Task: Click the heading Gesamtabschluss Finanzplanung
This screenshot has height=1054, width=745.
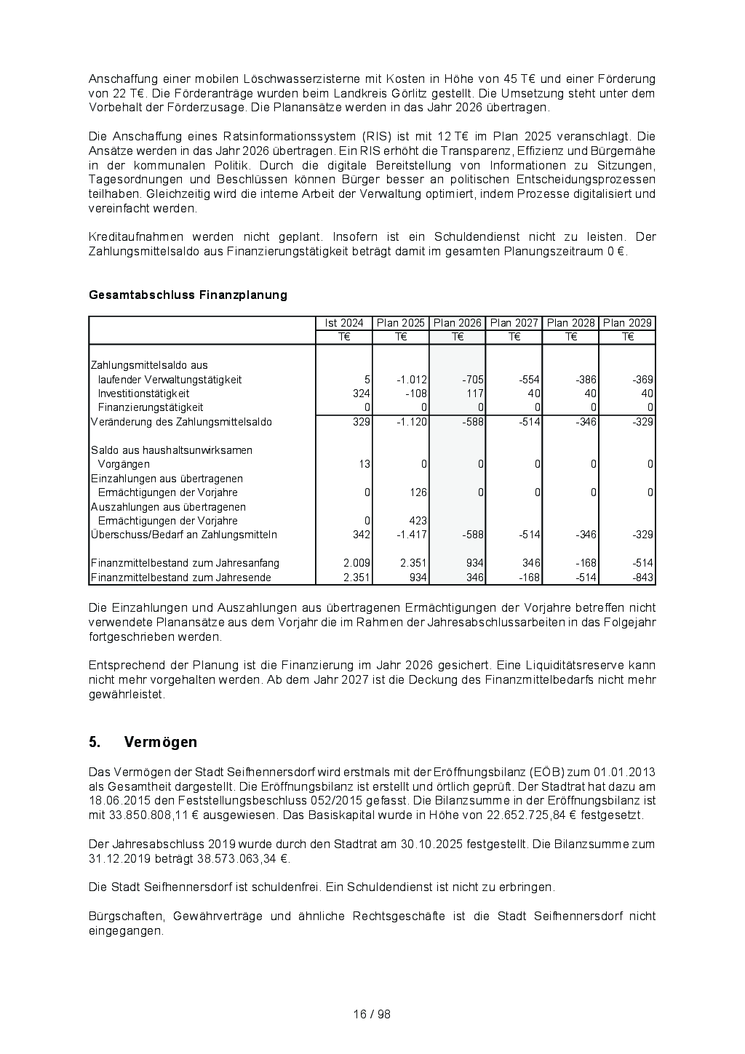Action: tap(188, 295)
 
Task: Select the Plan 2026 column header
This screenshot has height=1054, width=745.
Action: tap(458, 323)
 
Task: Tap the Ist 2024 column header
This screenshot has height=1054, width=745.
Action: tap(344, 323)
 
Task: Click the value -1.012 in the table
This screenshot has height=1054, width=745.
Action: tap(412, 380)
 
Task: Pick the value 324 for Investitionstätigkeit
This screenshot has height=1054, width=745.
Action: tap(362, 394)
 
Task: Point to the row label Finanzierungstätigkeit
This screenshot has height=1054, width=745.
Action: tap(151, 407)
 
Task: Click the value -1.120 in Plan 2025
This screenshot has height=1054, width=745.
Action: tap(412, 422)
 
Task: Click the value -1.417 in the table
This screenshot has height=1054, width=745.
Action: tap(412, 535)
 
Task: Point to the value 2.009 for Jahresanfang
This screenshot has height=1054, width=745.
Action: tap(357, 563)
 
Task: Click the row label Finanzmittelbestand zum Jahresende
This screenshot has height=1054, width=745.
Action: tap(181, 578)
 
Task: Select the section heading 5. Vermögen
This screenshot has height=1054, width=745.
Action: tap(143, 742)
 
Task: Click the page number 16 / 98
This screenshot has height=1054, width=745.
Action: tap(372, 1014)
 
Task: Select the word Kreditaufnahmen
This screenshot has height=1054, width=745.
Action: tap(135, 236)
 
